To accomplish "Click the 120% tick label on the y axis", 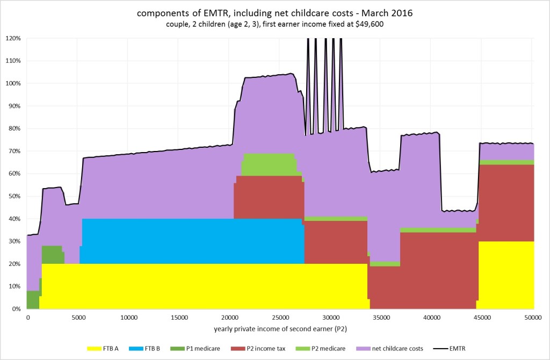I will pyautogui.click(x=13, y=38).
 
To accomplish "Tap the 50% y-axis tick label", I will pyautogui.click(x=15, y=196).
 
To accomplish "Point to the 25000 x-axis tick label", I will pyautogui.click(x=280, y=318).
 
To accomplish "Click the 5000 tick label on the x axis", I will pyautogui.click(x=77, y=318).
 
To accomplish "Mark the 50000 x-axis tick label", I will pyautogui.click(x=533, y=318).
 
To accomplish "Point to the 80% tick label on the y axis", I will pyautogui.click(x=15, y=128).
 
